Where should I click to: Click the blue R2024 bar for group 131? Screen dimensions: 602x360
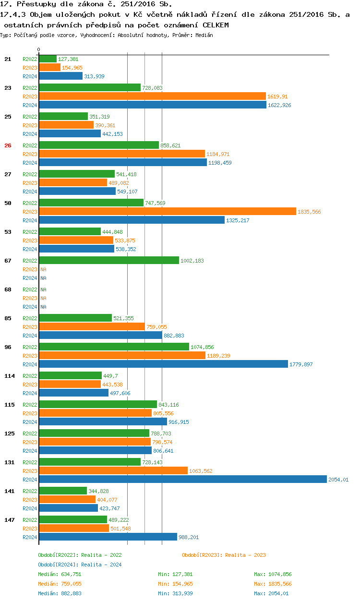point(182,479)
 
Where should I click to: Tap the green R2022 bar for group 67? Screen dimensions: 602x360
point(108,260)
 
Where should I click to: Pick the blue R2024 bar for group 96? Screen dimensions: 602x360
point(163,364)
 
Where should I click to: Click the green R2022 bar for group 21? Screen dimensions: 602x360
point(48,59)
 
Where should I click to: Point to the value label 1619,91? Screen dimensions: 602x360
point(277,96)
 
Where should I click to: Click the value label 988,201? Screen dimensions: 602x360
point(189,537)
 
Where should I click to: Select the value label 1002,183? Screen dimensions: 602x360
point(192,261)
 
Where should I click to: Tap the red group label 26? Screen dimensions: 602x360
point(8,145)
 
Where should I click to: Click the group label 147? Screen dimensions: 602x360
point(9,520)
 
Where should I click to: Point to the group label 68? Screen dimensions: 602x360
point(8,289)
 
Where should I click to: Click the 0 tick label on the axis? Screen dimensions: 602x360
point(39,49)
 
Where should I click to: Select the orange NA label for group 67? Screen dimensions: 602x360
point(43,269)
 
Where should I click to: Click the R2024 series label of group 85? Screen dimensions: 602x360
point(30,336)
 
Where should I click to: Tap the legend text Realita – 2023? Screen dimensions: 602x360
point(245,555)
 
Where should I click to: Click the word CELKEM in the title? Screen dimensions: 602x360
point(216,24)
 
